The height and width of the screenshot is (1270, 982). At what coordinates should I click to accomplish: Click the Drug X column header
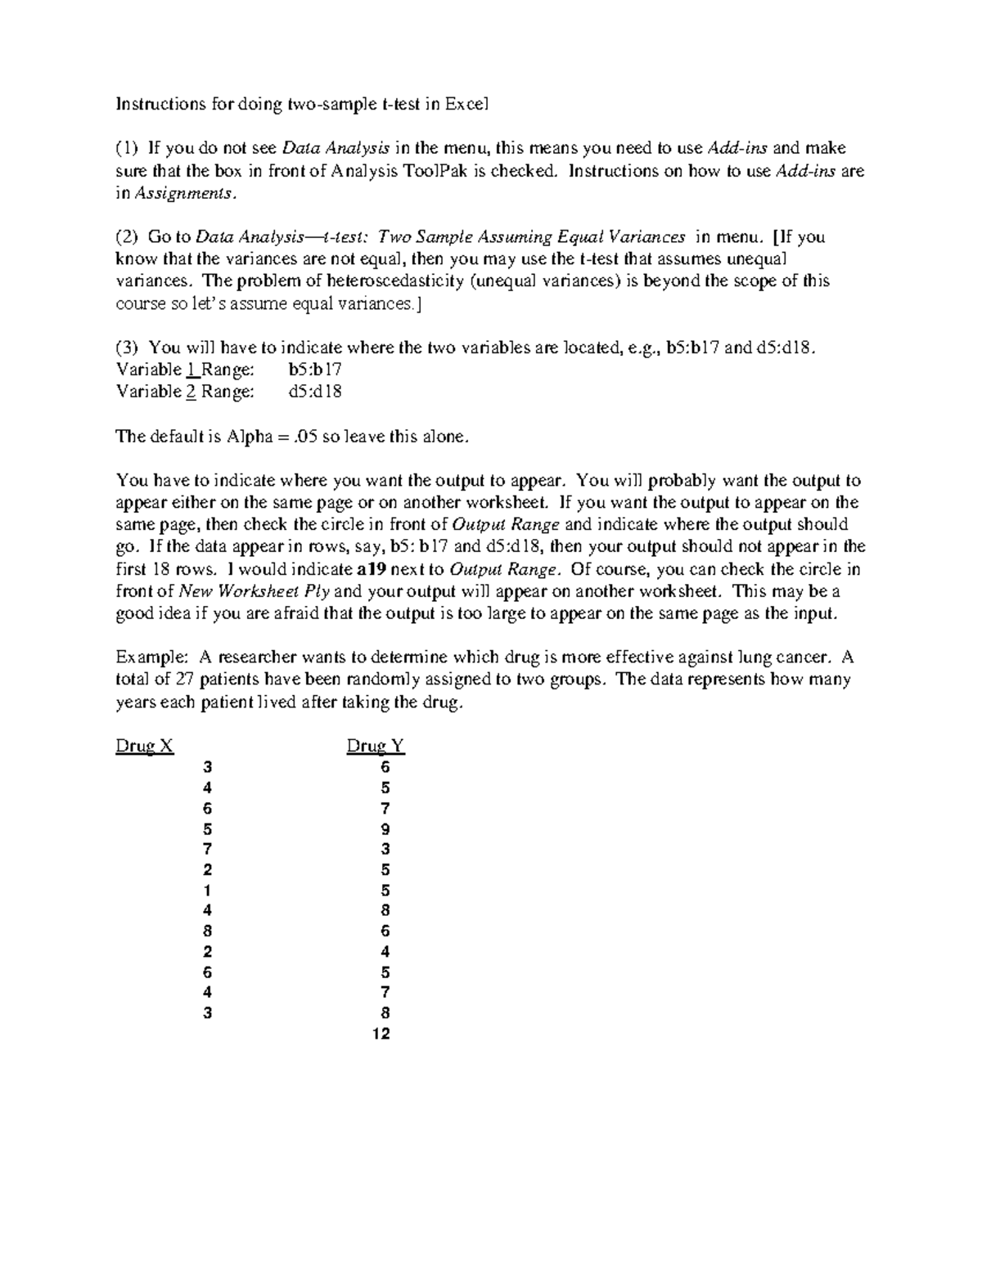coord(145,746)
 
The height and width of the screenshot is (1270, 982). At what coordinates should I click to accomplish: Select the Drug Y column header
coord(376,746)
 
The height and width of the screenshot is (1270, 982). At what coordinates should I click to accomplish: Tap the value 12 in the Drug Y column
coord(381,1034)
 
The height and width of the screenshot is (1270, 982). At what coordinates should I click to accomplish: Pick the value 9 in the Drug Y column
coord(385,829)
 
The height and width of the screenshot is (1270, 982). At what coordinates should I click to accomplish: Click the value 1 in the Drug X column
coord(208,891)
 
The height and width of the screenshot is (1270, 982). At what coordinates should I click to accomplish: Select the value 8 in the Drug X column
coord(208,931)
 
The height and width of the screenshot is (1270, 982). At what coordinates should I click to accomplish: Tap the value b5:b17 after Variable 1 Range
coord(315,370)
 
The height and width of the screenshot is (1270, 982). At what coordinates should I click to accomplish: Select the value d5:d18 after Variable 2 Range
coord(315,392)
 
